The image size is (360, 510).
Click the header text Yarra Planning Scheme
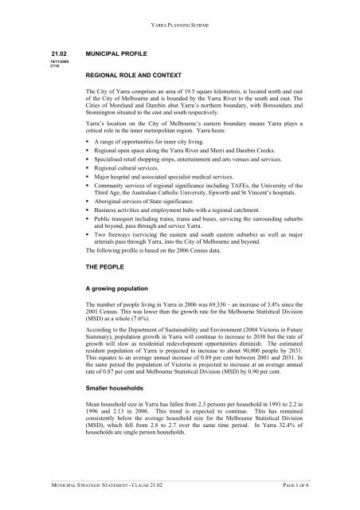pyautogui.click(x=180, y=25)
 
